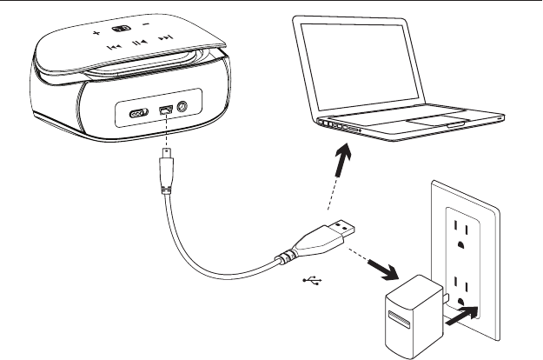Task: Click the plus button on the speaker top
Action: point(96,35)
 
